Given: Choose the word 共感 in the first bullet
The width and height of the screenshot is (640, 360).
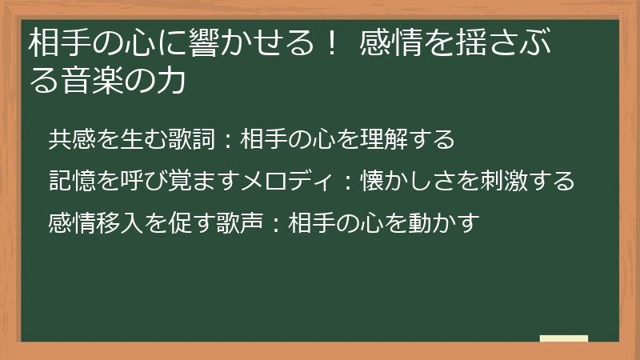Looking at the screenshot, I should tap(73, 139).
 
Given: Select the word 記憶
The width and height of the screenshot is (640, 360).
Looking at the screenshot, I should tap(73, 180).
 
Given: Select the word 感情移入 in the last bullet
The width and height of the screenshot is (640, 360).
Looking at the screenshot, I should tap(97, 221).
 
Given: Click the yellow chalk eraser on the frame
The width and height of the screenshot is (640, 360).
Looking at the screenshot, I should tap(563, 338).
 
